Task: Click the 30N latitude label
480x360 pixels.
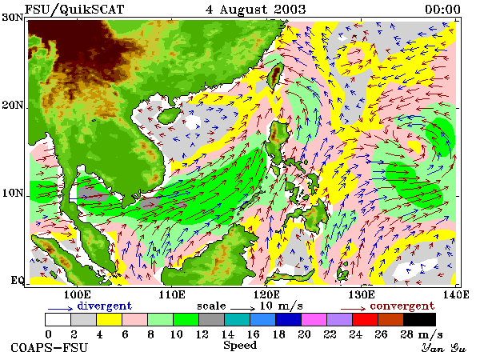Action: pos(13,17)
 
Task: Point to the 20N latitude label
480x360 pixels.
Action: pos(13,106)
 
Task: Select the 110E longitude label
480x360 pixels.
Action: pos(172,294)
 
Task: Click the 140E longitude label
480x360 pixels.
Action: pos(456,294)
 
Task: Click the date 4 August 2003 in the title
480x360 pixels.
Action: pos(256,9)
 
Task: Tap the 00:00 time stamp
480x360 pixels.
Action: pos(442,9)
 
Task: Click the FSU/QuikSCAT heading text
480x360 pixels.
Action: pos(74,10)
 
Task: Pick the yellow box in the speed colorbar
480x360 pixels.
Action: pos(109,319)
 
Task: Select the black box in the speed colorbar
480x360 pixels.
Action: pos(419,319)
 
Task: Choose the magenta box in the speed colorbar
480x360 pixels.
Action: pos(314,319)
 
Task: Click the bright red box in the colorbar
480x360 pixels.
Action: pos(366,319)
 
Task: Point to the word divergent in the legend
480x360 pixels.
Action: pos(104,306)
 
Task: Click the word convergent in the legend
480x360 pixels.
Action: pos(402,306)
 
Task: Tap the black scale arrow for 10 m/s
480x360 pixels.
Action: pos(242,309)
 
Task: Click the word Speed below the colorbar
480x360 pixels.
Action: pos(240,346)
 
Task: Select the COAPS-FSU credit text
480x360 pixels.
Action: pos(50,348)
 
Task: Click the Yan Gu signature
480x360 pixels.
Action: pos(444,348)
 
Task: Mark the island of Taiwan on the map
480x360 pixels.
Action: pos(275,75)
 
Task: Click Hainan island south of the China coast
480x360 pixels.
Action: pos(169,116)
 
